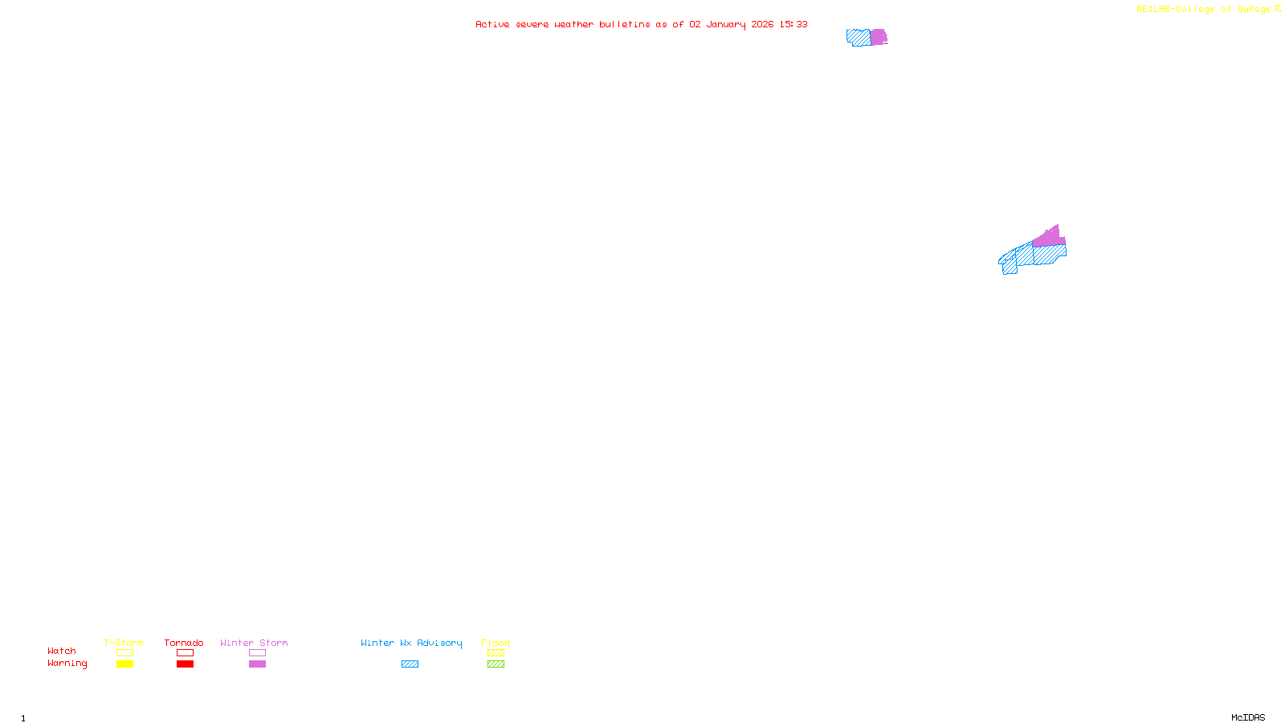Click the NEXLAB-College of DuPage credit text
point(1208,10)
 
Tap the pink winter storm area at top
point(879,37)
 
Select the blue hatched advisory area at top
point(859,37)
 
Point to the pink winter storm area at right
point(1048,237)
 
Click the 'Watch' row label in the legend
point(62,652)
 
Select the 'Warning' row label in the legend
point(67,664)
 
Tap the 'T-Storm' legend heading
point(124,643)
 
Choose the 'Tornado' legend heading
point(184,643)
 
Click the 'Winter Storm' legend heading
point(254,643)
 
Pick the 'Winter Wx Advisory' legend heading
point(411,643)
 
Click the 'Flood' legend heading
point(496,643)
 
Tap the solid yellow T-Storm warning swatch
point(124,664)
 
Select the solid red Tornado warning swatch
point(186,664)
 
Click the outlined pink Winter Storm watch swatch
point(257,653)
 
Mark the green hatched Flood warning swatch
point(496,664)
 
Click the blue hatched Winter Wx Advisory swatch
point(410,664)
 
